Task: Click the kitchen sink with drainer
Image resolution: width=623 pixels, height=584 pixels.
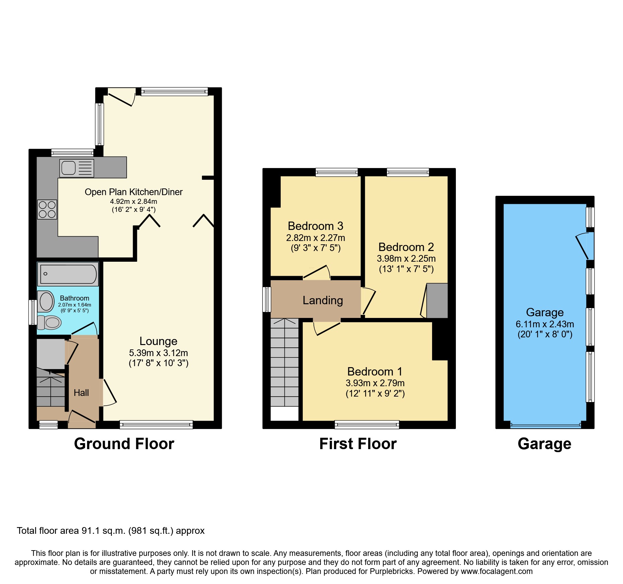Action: coord(77,168)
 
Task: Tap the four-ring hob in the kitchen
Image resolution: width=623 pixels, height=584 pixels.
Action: coord(47,210)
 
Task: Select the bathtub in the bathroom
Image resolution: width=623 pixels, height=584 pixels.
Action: coord(68,274)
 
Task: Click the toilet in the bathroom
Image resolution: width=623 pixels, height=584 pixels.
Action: coord(49,323)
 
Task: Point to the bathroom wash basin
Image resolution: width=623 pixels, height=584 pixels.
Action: coord(46,301)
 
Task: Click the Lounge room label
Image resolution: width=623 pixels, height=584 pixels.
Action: coord(158,341)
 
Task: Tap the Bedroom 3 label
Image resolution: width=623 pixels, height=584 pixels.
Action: coord(316,226)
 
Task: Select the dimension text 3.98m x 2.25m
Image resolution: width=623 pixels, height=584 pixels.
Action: coord(406,259)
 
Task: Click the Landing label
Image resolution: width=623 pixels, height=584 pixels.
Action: coord(323,301)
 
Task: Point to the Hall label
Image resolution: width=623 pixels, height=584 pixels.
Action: coord(81,393)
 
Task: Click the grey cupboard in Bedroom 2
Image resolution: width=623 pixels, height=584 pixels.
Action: coord(437,301)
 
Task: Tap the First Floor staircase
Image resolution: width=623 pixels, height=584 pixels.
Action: coord(284,363)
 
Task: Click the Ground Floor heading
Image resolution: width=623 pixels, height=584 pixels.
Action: coord(124,444)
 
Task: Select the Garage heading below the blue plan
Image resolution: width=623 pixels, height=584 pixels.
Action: coord(544,444)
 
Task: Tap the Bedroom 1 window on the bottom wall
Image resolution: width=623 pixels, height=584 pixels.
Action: coord(367,425)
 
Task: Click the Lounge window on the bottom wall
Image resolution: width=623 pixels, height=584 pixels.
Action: coord(156,425)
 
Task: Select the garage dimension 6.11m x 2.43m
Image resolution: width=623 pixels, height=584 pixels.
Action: coord(545,324)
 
